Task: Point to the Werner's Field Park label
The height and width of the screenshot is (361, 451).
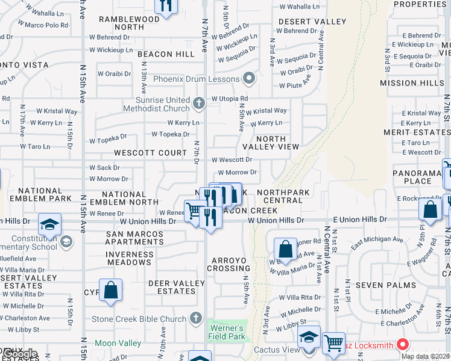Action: pos(226,332)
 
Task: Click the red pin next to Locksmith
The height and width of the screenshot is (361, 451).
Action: pos(403,345)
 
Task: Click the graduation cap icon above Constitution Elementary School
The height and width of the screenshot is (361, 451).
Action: pos(49,225)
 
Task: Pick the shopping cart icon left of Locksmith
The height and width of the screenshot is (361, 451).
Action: pos(333,343)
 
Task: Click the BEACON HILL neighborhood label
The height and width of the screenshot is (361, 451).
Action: pos(166,54)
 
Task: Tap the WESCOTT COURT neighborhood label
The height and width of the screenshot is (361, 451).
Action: pos(151,153)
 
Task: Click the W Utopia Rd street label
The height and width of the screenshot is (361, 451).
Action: pos(229,98)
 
